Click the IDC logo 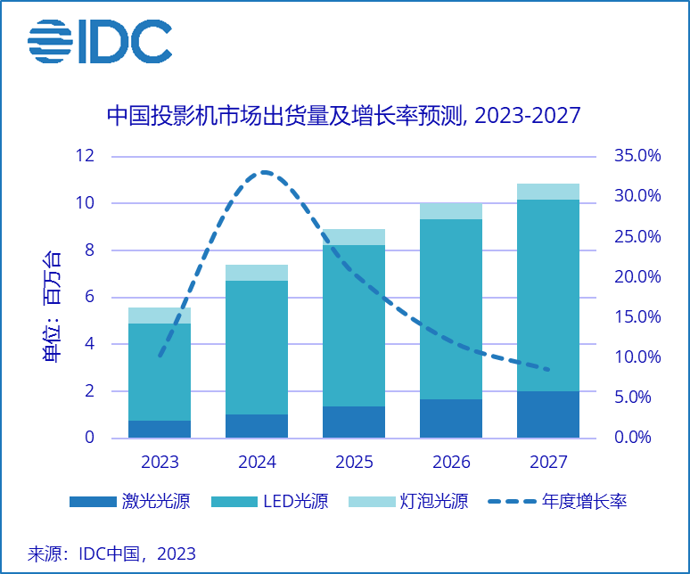click(99, 41)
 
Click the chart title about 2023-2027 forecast click(343, 116)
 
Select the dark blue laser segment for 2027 click(547, 414)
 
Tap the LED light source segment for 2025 click(354, 325)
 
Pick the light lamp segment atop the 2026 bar click(451, 211)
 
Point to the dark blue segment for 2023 click(160, 429)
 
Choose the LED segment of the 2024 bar click(257, 348)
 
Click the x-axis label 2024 click(257, 463)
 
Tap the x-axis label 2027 click(547, 463)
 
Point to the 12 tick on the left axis click(85, 156)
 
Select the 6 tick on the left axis click(89, 297)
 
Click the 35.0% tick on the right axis click(637, 156)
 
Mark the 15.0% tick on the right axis click(637, 317)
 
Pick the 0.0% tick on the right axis click(637, 438)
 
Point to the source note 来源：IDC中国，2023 click(112, 553)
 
